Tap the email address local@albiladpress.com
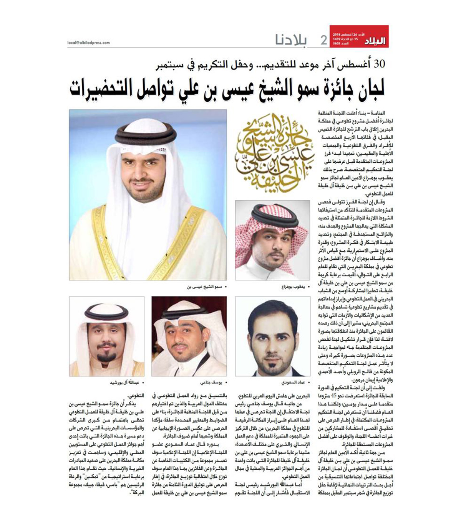(88, 43)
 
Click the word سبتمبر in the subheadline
(174, 64)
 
